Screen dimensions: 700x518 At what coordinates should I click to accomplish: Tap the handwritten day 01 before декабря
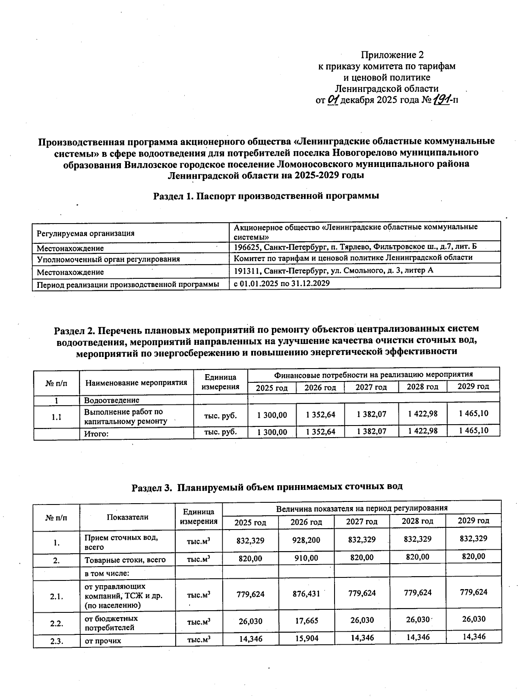tap(333, 100)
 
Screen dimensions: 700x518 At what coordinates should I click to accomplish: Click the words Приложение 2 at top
tap(392, 55)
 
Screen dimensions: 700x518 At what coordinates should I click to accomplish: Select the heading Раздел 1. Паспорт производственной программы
tap(266, 196)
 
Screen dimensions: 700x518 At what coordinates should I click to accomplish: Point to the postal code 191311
tap(247, 271)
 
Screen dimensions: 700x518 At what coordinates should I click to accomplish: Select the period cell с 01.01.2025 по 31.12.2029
tap(281, 283)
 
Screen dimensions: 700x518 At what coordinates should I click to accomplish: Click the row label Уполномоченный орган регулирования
tap(108, 259)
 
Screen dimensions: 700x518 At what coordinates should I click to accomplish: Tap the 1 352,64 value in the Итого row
tap(320, 432)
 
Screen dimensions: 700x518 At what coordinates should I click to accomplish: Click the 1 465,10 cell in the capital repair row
tap(473, 413)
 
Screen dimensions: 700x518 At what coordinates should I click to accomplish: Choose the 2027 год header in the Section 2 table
tap(371, 387)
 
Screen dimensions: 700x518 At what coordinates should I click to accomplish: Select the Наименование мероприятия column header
tap(136, 382)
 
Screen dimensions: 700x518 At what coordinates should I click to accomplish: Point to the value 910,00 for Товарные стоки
tap(306, 558)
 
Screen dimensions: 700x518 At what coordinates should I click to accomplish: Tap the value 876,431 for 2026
tap(306, 593)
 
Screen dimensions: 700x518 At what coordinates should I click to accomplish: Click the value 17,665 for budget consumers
tap(306, 621)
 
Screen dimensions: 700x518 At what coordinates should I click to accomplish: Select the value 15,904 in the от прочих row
tap(306, 638)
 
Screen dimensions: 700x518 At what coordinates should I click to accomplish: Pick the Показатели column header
tap(127, 517)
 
